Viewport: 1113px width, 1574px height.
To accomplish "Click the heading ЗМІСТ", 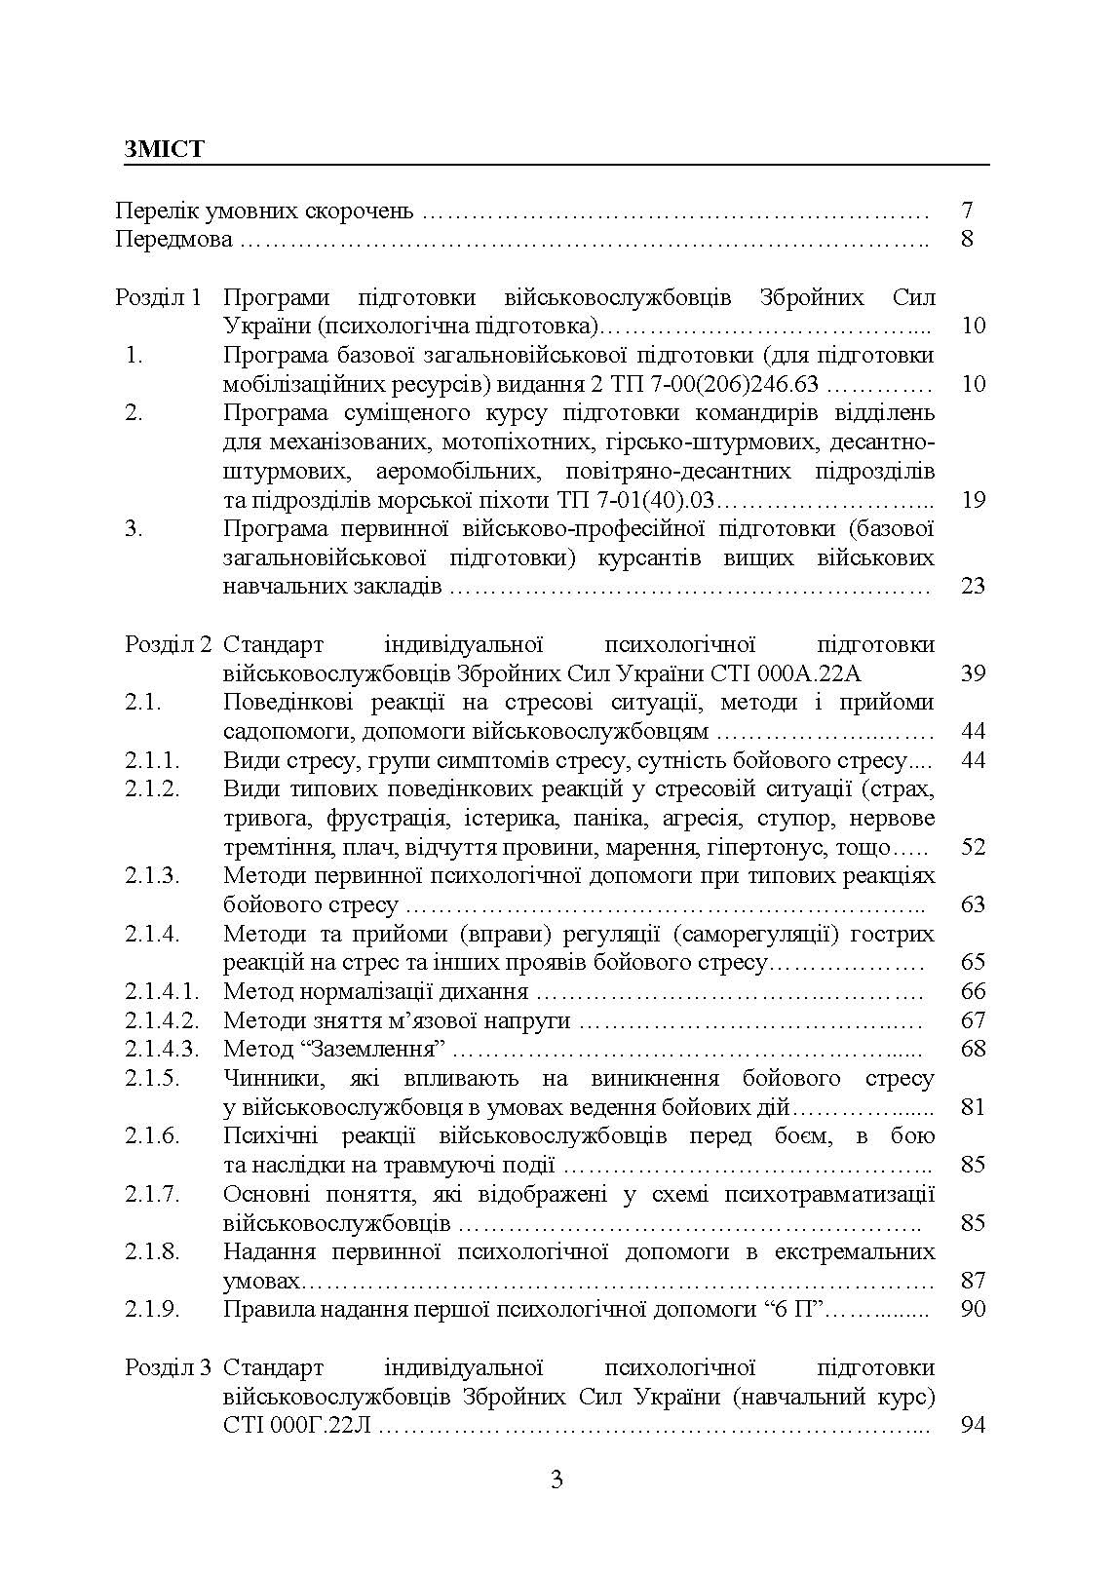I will click(165, 149).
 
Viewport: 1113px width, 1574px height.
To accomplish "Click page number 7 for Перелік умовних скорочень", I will click(966, 210).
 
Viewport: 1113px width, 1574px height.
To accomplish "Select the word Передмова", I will click(173, 239).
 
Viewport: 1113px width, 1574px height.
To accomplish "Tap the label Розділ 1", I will click(159, 296).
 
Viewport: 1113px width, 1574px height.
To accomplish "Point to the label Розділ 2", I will click(168, 644).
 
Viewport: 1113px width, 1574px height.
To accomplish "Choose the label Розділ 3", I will click(168, 1367).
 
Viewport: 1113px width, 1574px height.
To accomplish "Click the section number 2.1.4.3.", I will click(162, 1049).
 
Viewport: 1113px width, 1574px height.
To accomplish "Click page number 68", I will click(973, 1049).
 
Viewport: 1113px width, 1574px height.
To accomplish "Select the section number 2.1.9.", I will click(152, 1309).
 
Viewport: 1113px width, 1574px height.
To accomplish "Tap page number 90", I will click(973, 1309).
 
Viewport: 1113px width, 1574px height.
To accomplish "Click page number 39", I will click(973, 673).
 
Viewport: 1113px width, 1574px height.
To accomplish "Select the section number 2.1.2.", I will click(152, 788).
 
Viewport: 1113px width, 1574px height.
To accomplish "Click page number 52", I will click(973, 846).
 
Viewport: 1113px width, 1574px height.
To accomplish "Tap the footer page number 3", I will click(556, 1480).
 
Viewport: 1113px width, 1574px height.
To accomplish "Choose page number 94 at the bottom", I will click(973, 1425).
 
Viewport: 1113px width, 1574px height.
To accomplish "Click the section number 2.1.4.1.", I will click(162, 991).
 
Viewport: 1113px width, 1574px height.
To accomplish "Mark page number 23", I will click(973, 586).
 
